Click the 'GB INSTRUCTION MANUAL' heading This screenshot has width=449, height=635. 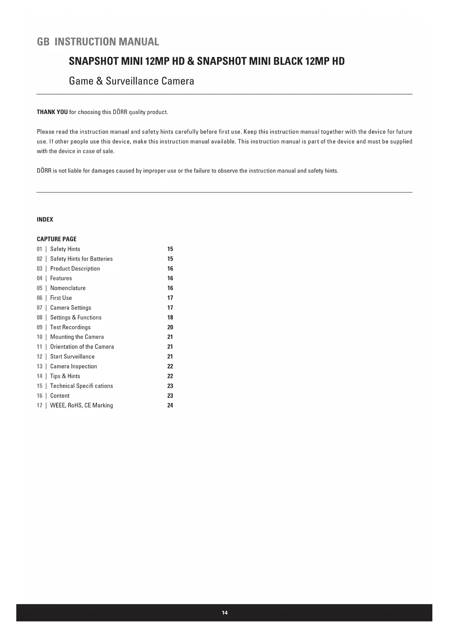click(98, 42)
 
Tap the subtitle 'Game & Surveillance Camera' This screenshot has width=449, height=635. click(131, 81)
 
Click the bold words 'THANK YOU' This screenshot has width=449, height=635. click(52, 112)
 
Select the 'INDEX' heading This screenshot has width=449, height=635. click(45, 219)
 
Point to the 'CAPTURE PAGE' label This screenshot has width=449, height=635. click(56, 239)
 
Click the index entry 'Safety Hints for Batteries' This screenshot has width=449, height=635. click(81, 259)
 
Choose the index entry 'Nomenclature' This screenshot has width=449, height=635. click(68, 288)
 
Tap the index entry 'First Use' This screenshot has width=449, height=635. click(61, 298)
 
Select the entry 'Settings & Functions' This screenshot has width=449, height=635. click(76, 317)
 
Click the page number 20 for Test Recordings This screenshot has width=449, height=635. click(170, 327)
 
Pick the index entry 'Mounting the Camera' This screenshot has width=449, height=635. click(77, 337)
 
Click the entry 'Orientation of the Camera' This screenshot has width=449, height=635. click(82, 347)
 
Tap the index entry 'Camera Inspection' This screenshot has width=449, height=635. click(73, 366)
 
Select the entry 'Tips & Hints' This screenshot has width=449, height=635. click(65, 376)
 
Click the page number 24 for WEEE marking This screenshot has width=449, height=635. click(170, 405)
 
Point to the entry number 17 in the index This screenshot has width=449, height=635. click(39, 405)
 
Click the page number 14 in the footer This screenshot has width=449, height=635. click(225, 613)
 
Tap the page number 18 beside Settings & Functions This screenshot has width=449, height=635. click(170, 317)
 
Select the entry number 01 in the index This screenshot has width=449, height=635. click(39, 249)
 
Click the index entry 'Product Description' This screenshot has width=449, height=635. click(75, 269)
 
